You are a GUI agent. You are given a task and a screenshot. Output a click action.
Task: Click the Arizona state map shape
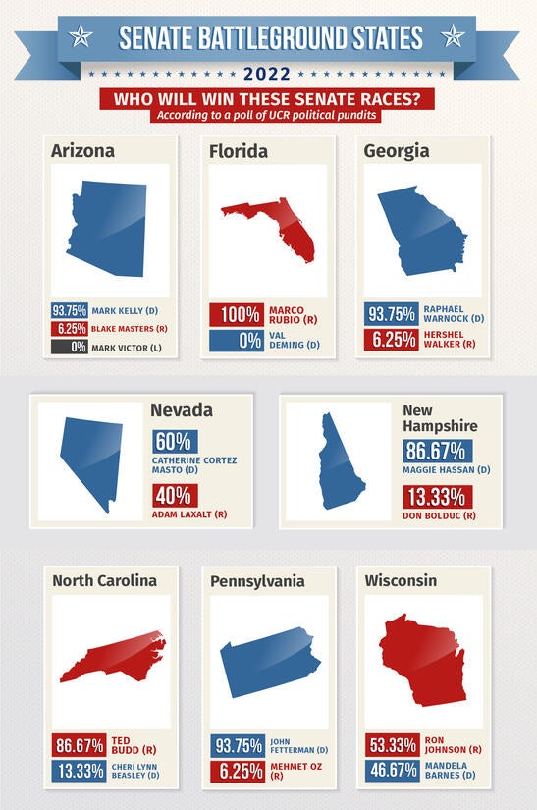pyautogui.click(x=107, y=229)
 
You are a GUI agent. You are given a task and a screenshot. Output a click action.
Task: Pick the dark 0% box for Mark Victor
pyautogui.click(x=71, y=347)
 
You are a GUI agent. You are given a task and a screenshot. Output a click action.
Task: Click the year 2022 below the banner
pyautogui.click(x=268, y=74)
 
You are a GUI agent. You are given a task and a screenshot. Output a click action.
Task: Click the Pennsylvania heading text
pyautogui.click(x=257, y=581)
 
